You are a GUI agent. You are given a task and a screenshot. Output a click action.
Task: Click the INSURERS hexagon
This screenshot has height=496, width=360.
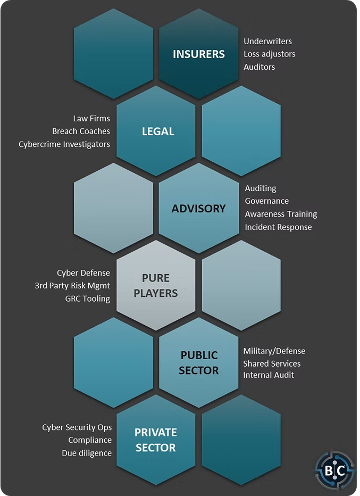tap(198, 54)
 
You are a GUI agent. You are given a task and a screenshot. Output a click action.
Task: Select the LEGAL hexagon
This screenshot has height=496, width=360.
tap(158, 131)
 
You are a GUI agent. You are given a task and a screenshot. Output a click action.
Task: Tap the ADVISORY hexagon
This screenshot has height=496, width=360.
tap(198, 208)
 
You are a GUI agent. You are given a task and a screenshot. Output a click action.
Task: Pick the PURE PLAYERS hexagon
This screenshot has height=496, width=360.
tap(156, 285)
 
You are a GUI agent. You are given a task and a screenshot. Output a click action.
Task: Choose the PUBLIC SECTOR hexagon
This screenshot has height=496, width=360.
tap(198, 362)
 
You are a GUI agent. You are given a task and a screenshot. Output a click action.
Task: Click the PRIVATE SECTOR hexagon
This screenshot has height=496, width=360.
tap(156, 440)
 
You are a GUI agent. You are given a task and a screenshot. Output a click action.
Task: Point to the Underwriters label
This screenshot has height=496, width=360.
tap(267, 41)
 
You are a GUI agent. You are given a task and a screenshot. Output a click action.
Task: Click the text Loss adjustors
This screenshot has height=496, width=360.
tap(269, 54)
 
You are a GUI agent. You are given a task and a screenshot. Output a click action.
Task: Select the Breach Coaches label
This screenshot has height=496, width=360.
tap(81, 131)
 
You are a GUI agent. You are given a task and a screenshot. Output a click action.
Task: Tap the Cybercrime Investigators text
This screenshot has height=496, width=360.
tap(64, 144)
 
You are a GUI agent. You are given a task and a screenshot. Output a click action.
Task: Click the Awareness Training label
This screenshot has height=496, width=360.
tap(281, 214)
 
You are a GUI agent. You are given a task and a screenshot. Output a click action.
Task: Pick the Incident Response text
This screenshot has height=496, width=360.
tap(278, 227)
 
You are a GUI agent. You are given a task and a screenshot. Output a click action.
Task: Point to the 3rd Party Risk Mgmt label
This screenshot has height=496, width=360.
tap(72, 285)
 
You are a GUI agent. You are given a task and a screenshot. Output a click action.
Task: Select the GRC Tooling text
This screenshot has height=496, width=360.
tap(87, 299)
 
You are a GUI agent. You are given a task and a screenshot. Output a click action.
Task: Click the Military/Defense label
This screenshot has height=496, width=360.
tap(274, 351)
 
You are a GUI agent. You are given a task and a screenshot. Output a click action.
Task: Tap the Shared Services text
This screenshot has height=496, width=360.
tap(272, 363)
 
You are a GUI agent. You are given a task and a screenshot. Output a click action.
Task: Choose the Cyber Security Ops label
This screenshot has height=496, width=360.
tap(77, 427)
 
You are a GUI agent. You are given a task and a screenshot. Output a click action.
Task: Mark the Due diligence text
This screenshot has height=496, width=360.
tap(87, 453)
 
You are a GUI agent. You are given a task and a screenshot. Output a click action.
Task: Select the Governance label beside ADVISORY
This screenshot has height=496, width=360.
tap(266, 201)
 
